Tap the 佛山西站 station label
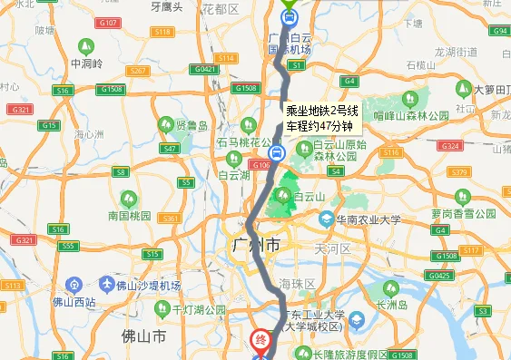coord(73,302)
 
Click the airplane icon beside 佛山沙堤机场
coord(108,285)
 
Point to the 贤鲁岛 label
coord(192,126)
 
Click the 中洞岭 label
coord(84,64)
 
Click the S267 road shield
coord(138,70)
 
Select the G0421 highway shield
coord(205,69)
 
